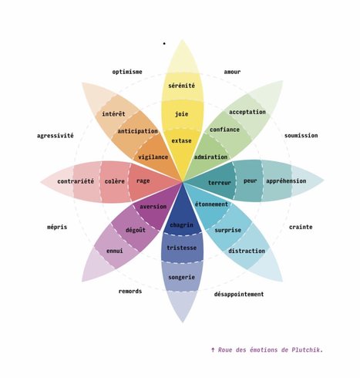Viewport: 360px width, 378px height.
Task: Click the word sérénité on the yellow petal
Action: pos(181,86)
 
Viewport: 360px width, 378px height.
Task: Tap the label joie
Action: pos(181,113)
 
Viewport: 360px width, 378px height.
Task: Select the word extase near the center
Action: pos(181,140)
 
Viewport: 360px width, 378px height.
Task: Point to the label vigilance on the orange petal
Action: pos(153,157)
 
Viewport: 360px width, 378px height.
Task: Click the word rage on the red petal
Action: pos(143,181)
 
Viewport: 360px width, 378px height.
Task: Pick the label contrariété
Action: pos(76,181)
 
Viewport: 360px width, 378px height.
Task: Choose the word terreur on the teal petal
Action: pos(220,183)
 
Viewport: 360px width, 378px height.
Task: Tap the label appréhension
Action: pos(286,181)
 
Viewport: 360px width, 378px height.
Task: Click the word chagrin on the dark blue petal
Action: pos(181,225)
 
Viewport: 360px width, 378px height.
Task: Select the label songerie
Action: pos(181,278)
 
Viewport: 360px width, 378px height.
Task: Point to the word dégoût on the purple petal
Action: pos(136,230)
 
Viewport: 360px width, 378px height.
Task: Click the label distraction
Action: pos(247,251)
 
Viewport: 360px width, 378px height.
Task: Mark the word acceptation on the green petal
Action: pos(247,112)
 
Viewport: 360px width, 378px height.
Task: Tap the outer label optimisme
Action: pos(127,72)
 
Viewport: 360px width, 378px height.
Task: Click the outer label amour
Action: pos(232,72)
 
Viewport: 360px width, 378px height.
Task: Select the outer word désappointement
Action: pos(239,294)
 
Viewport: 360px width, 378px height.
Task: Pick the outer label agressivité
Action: pos(56,136)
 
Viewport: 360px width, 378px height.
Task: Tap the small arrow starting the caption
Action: pos(213,349)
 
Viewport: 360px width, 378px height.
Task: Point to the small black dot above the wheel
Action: pos(164,43)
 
